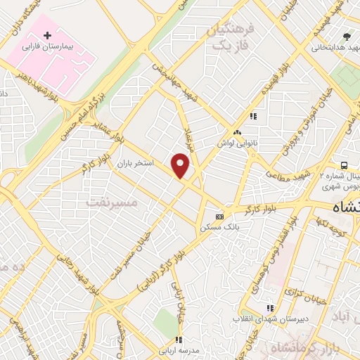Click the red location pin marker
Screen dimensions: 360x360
coord(181,165)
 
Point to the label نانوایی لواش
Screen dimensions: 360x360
coord(236,141)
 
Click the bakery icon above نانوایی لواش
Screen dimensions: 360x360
coord(237,131)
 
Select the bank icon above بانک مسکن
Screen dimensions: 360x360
coord(219,217)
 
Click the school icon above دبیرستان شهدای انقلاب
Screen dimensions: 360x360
coord(269,308)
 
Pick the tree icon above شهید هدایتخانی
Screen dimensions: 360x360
coord(345,36)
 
